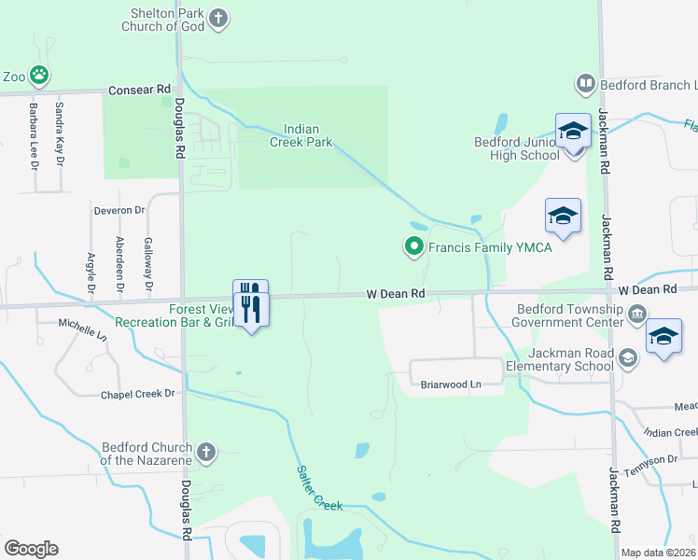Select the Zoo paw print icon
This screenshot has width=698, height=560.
pos(38,75)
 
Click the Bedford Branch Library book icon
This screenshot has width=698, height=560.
pos(586,84)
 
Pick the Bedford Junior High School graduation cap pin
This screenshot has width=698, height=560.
pos(573,133)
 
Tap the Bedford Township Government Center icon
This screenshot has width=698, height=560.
pos(638,313)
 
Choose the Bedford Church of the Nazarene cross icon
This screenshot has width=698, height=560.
pos(206,453)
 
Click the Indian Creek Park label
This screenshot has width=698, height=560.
pos(301,136)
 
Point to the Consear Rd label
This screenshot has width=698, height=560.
pos(139,90)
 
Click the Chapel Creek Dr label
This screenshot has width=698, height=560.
pos(138,394)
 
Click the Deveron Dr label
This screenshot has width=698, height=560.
pos(119,211)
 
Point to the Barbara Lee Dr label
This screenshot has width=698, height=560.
pos(33,136)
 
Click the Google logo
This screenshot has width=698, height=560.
pos(31,549)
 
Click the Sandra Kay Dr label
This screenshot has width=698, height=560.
pos(59,133)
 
